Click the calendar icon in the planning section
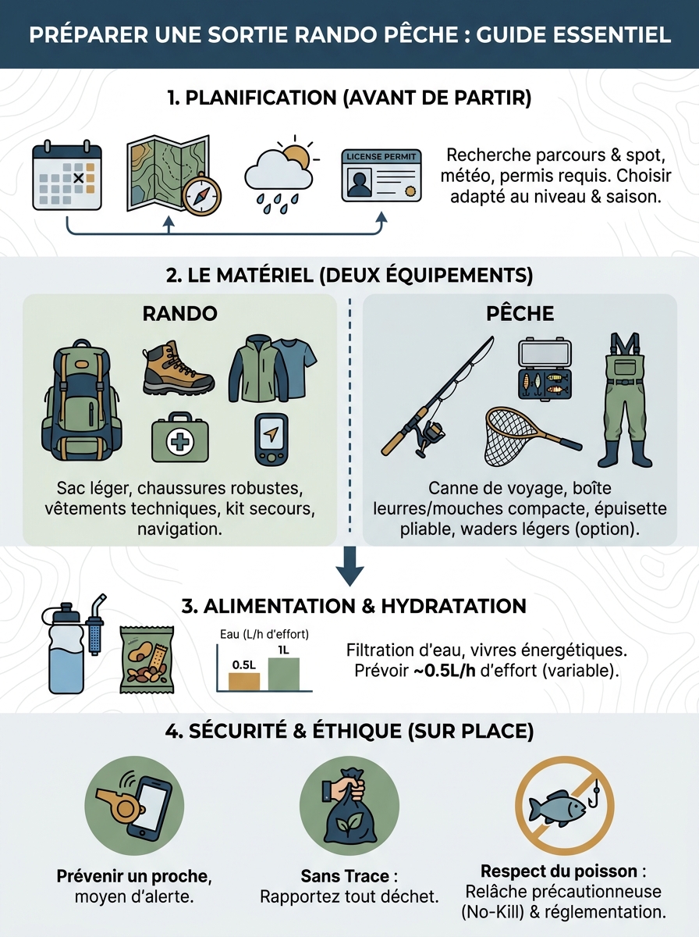click(67, 176)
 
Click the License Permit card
click(381, 176)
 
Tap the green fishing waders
click(625, 398)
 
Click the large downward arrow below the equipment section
click(349, 567)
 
